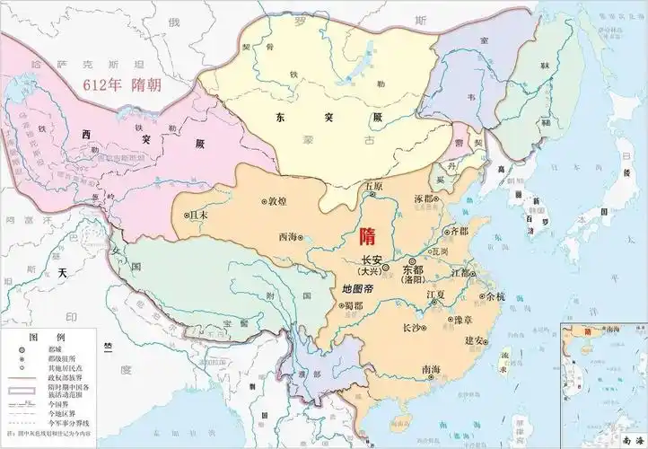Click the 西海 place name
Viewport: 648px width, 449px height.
[x=289, y=237]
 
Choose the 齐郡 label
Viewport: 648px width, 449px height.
[x=458, y=231]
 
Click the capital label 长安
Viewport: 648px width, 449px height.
[x=372, y=259]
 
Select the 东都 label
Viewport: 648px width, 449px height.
[x=414, y=268]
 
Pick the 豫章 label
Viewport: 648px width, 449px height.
[x=463, y=320]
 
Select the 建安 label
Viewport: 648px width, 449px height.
[x=476, y=340]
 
